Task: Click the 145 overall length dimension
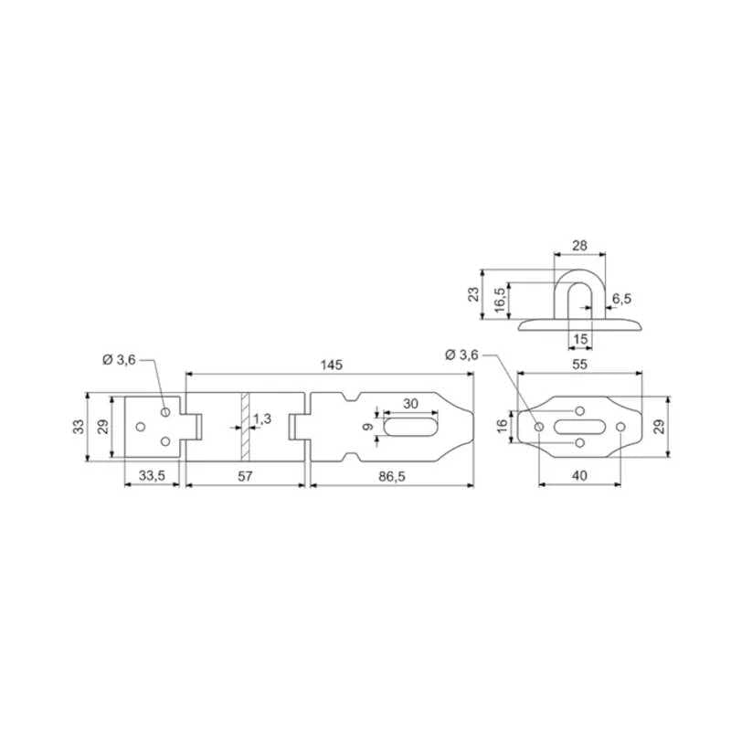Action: [332, 365]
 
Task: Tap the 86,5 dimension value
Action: [392, 476]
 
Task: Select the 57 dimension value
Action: [245, 476]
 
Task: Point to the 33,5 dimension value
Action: [152, 476]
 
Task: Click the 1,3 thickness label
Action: [262, 418]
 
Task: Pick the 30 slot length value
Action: [410, 404]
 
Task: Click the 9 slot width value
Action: [368, 427]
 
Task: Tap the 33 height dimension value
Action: [79, 427]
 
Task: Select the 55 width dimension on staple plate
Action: [579, 364]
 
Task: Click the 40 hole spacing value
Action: [579, 475]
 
